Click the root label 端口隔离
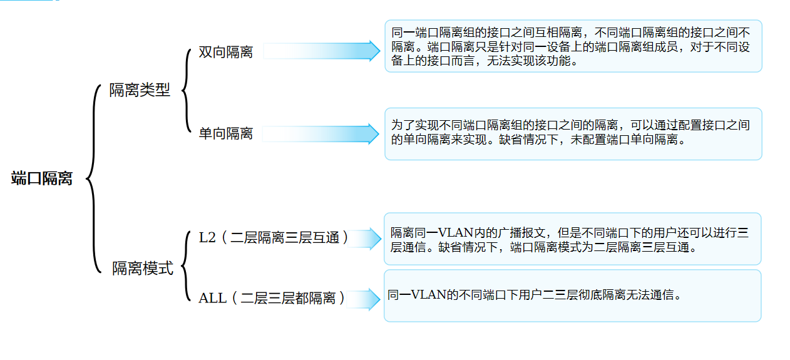pyautogui.click(x=41, y=178)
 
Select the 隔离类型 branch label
pyautogui.click(x=140, y=90)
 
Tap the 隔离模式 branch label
pyautogui.click(x=143, y=269)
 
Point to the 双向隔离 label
pyautogui.click(x=226, y=52)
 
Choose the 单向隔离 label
pyautogui.click(x=226, y=133)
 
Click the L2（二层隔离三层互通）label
pyautogui.click(x=274, y=238)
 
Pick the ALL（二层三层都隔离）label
pyautogui.click(x=272, y=298)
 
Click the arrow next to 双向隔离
pyautogui.click(x=322, y=51)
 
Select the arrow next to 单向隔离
pyautogui.click(x=321, y=134)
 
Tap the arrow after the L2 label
pyautogui.click(x=365, y=239)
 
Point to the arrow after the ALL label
pyautogui.click(x=363, y=299)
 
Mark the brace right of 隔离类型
pyautogui.click(x=186, y=91)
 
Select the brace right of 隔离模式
pyautogui.click(x=186, y=266)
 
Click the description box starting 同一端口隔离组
pyautogui.click(x=573, y=46)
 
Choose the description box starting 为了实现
pyautogui.click(x=573, y=134)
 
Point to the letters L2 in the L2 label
pyautogui.click(x=207, y=238)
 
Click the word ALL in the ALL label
pyautogui.click(x=212, y=298)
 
